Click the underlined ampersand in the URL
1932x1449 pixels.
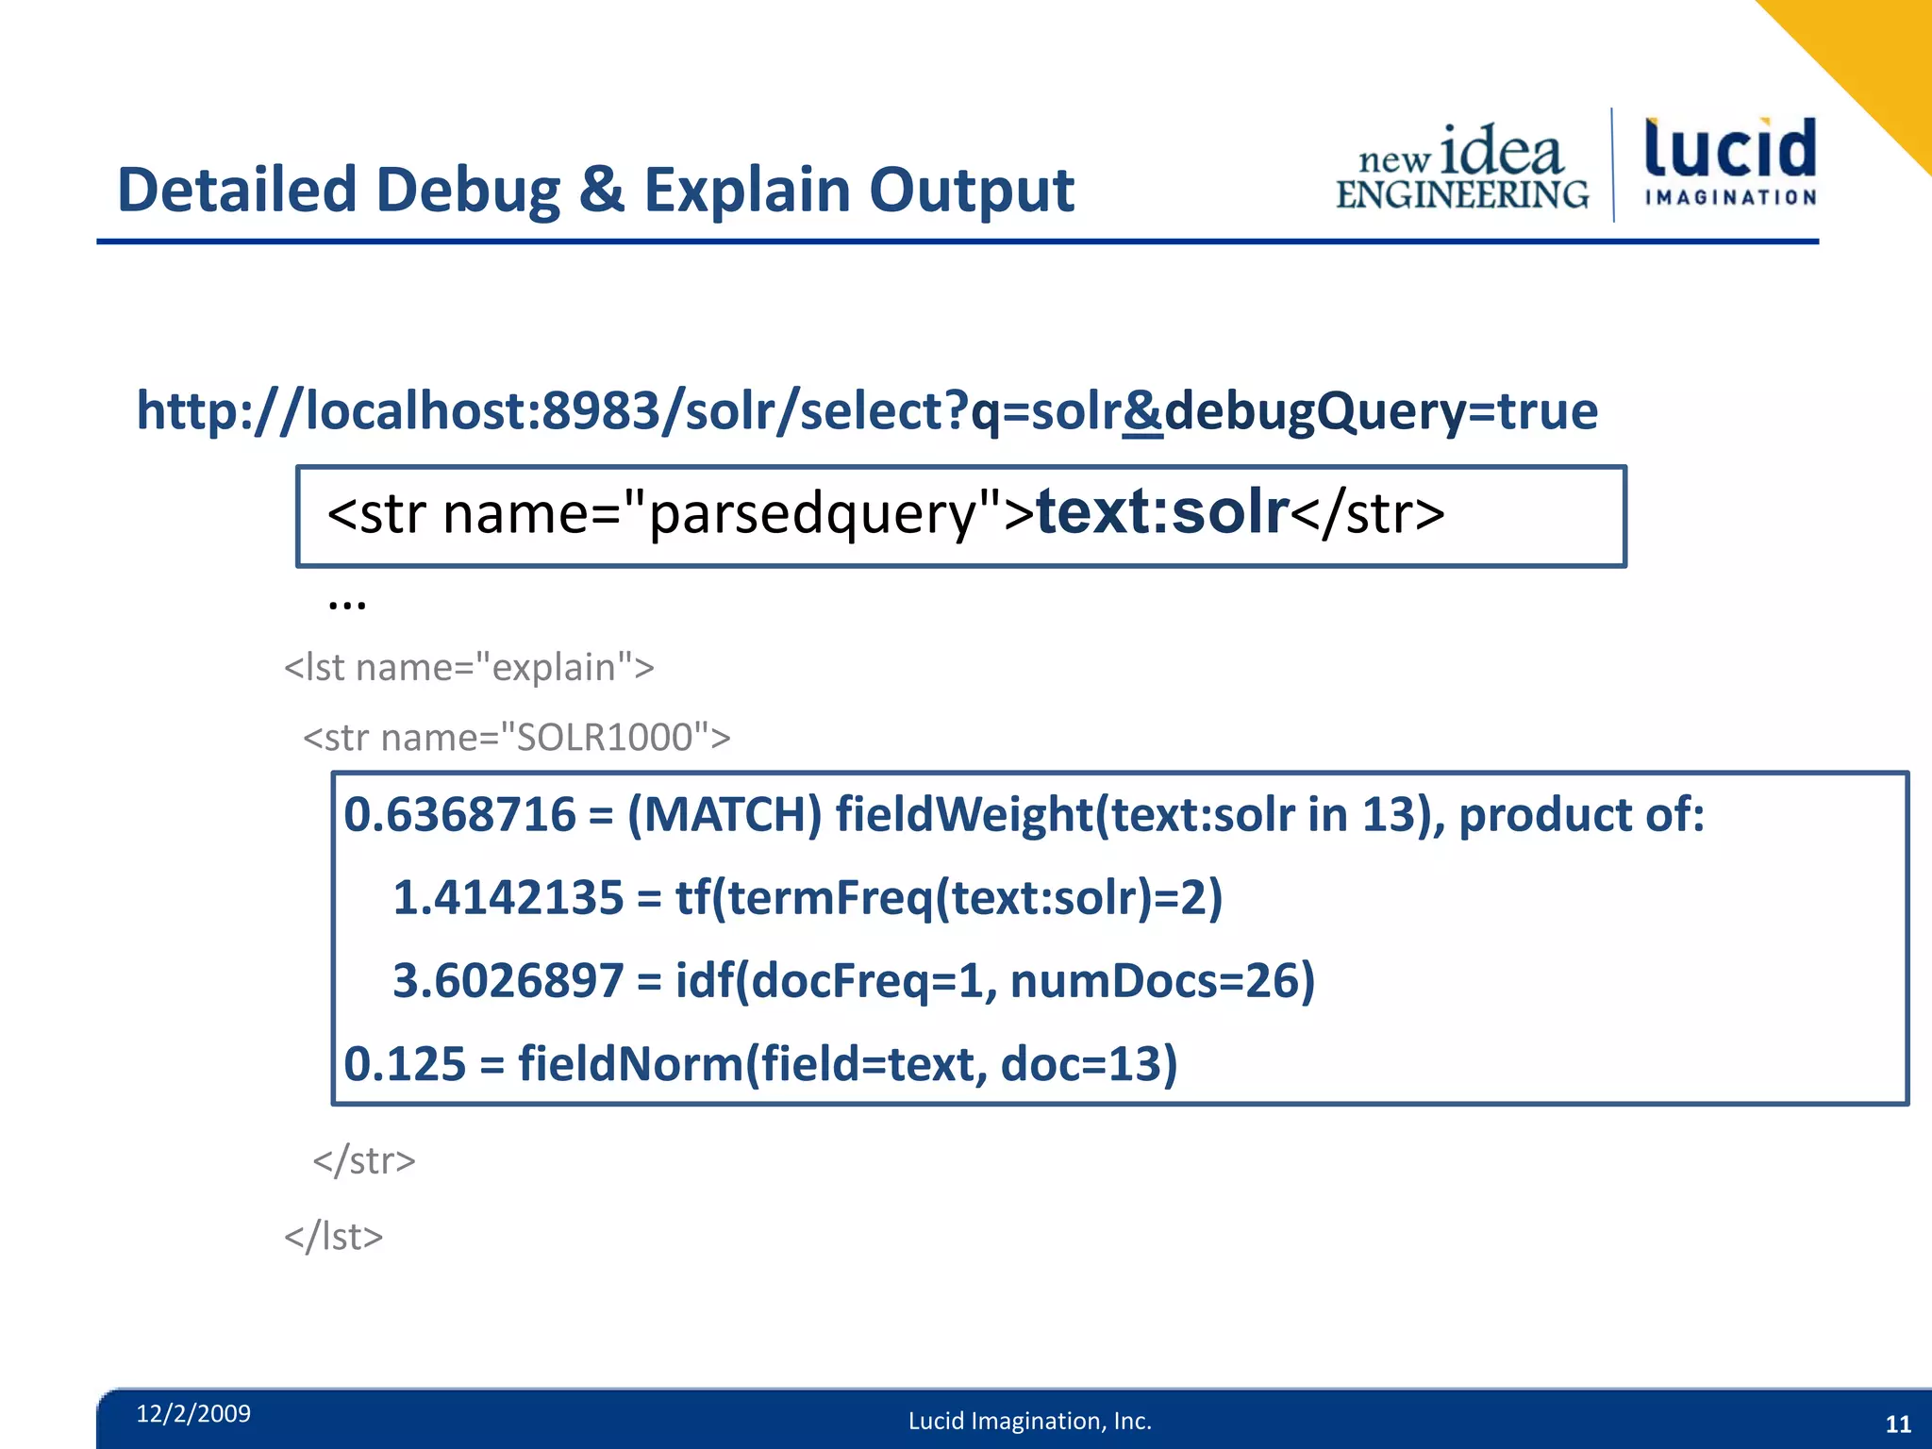point(1142,411)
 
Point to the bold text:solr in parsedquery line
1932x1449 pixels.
point(1162,512)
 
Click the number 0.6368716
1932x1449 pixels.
point(459,814)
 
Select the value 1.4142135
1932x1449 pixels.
point(508,897)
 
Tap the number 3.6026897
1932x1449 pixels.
point(508,980)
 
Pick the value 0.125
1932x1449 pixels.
point(405,1063)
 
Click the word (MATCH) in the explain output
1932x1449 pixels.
point(724,814)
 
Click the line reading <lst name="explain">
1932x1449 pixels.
point(469,668)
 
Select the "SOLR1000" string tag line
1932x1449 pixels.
point(516,738)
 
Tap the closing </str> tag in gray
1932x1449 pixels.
point(364,1160)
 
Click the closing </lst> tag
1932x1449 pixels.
point(334,1237)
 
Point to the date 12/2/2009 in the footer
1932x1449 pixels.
point(193,1413)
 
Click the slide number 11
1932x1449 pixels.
point(1898,1424)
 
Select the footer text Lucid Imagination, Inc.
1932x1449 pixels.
point(1030,1421)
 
